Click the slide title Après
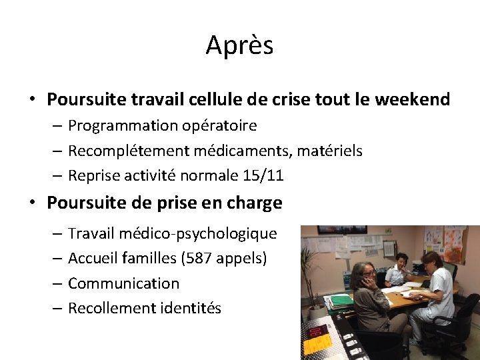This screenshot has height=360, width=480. point(239,45)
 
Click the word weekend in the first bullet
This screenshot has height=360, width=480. point(413,100)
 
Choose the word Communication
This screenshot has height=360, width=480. point(123,283)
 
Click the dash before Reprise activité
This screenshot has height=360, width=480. point(57,176)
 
